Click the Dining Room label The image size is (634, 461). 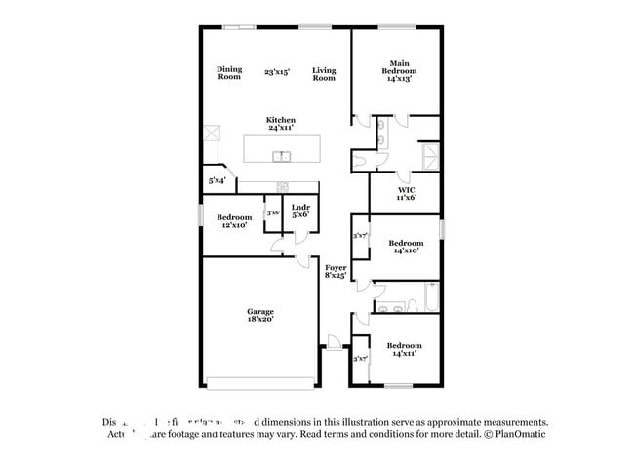(x=229, y=72)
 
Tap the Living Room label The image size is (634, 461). (x=324, y=72)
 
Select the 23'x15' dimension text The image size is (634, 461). (x=277, y=72)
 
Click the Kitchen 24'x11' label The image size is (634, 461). (x=281, y=124)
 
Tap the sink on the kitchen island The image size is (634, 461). (x=281, y=156)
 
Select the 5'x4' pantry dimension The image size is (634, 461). (x=217, y=180)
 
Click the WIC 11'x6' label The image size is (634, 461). (x=407, y=193)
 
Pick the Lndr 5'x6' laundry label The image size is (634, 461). (x=300, y=211)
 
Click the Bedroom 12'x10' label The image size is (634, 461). (x=233, y=221)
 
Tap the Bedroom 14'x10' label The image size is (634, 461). (x=405, y=246)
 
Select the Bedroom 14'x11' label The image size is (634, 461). (x=404, y=349)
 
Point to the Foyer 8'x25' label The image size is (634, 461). (x=336, y=271)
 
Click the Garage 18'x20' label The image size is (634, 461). (x=259, y=315)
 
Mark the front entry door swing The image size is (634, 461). (x=335, y=342)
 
